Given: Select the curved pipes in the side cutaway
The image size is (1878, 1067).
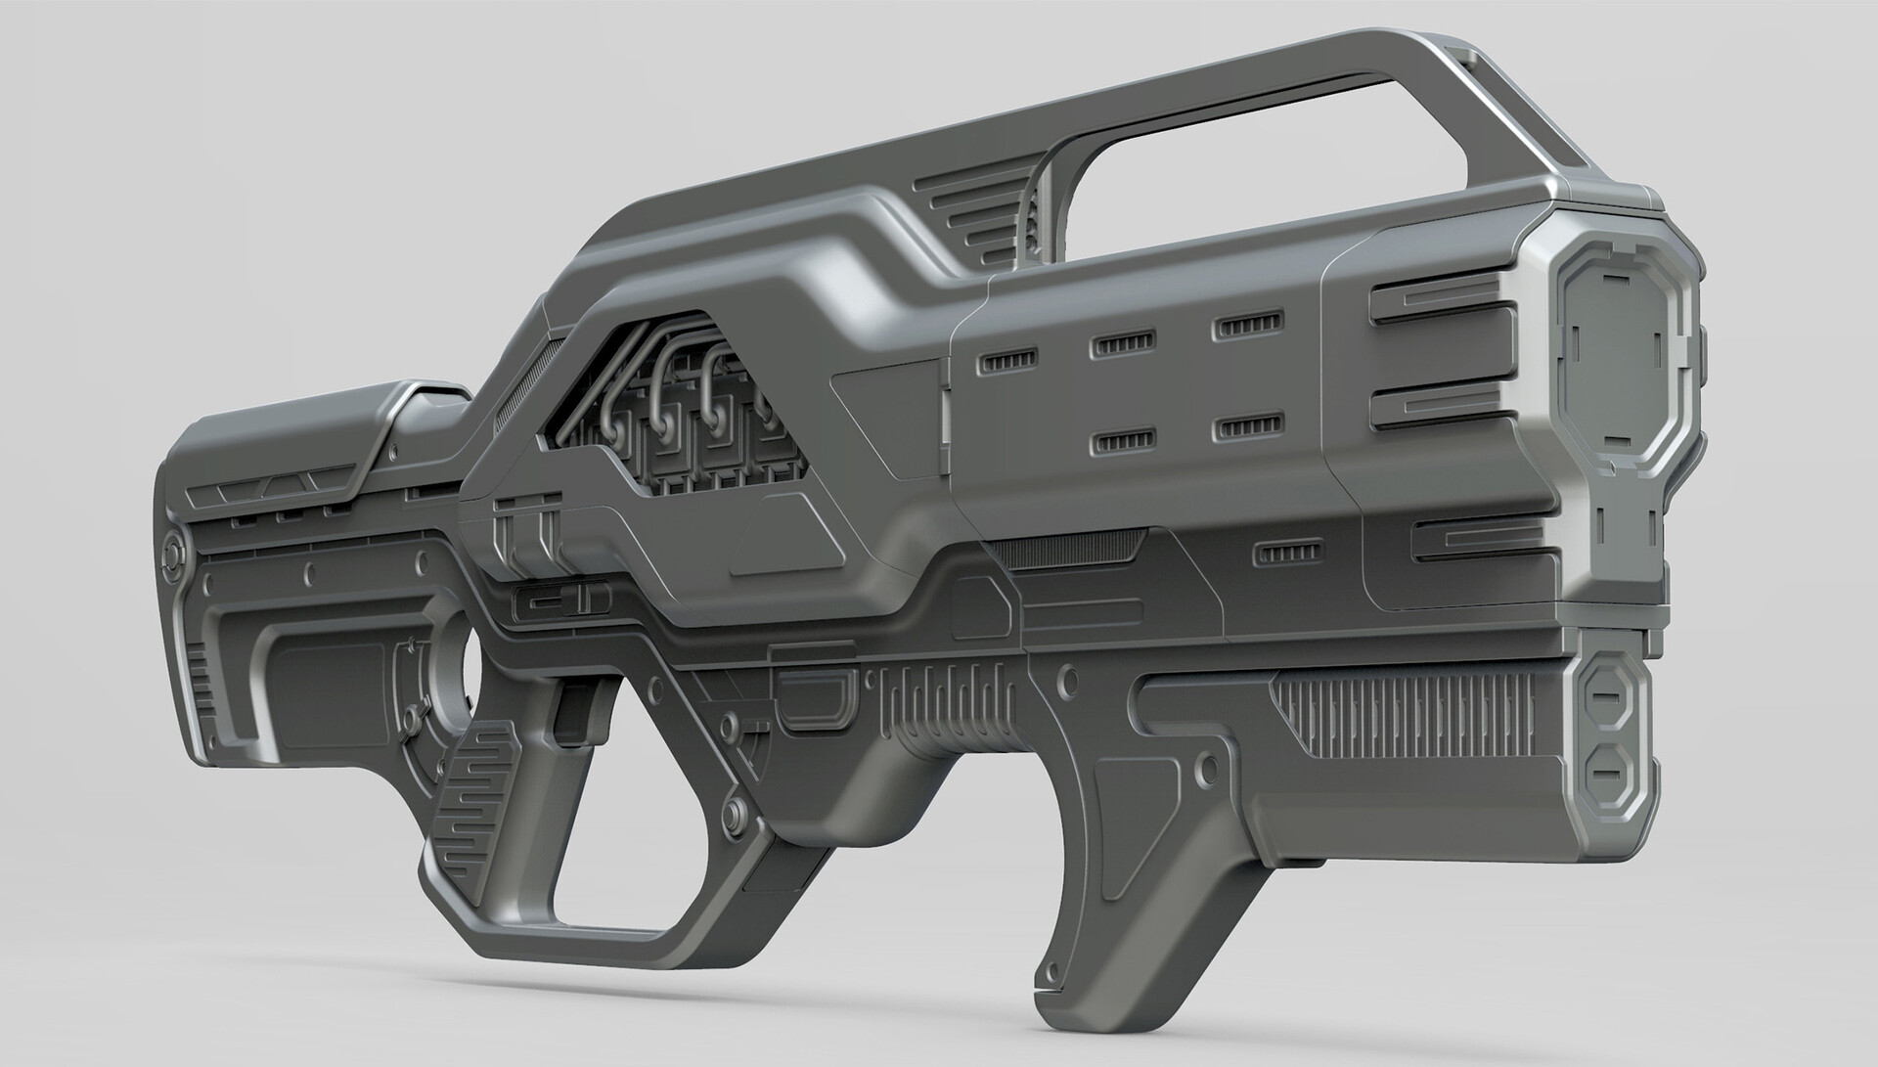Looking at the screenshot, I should [x=675, y=391].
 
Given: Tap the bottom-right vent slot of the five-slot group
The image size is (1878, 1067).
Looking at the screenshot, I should [x=1245, y=427].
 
